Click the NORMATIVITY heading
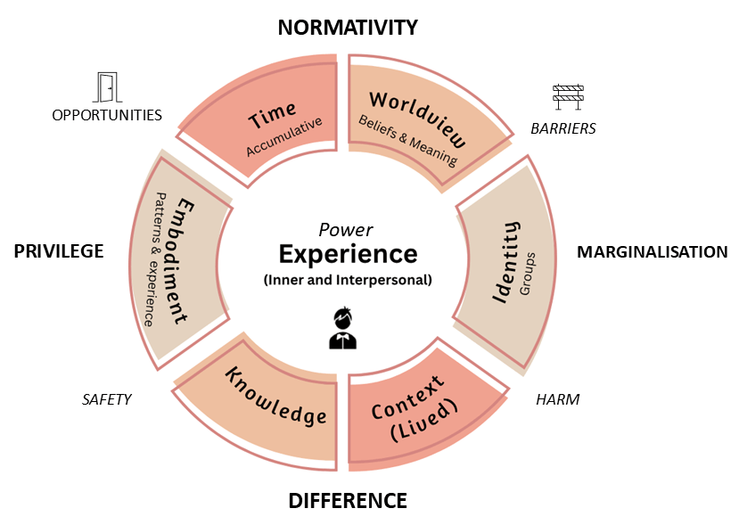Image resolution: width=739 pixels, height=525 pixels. [x=348, y=28]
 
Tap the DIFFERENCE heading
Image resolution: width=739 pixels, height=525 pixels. [x=348, y=501]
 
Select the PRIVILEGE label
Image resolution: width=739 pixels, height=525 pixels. [x=59, y=251]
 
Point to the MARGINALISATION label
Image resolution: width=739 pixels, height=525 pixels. [x=653, y=252]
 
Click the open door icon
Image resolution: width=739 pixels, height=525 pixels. [x=107, y=87]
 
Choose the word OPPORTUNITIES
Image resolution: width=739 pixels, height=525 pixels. [x=107, y=115]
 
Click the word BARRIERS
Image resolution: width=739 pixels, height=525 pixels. [x=563, y=128]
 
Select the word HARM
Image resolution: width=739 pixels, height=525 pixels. [x=558, y=399]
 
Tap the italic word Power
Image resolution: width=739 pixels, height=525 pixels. [x=346, y=229]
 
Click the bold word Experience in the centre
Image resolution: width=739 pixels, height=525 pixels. [x=348, y=254]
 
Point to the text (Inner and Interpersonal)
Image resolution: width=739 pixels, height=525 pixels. [x=348, y=279]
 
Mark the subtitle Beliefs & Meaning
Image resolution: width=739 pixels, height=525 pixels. [x=407, y=142]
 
